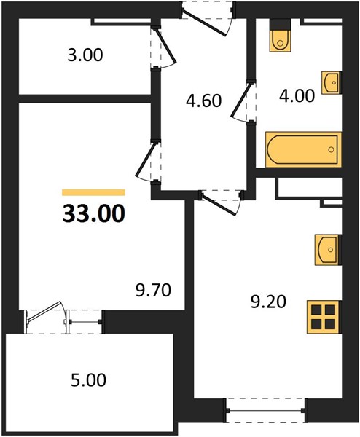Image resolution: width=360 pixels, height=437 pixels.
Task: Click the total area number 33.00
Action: [x=94, y=213]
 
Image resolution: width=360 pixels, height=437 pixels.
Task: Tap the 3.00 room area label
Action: [x=85, y=55]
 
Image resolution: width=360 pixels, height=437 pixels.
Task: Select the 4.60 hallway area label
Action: [x=204, y=101]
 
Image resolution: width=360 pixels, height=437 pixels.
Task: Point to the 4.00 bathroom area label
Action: [x=297, y=96]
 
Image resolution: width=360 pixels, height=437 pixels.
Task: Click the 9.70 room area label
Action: [x=153, y=291]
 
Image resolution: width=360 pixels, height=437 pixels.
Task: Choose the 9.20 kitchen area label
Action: [x=268, y=302]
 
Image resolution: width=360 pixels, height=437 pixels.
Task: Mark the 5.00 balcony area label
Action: [x=88, y=380]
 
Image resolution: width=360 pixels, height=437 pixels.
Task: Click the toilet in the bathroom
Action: [x=281, y=36]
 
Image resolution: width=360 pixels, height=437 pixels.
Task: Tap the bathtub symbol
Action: [x=303, y=149]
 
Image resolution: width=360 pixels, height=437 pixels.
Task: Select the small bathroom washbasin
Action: [x=332, y=82]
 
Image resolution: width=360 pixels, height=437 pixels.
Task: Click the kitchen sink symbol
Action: [x=328, y=249]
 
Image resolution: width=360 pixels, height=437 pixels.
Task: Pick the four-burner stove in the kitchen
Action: [x=324, y=317]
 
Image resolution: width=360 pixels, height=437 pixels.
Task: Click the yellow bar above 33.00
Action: [x=93, y=192]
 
